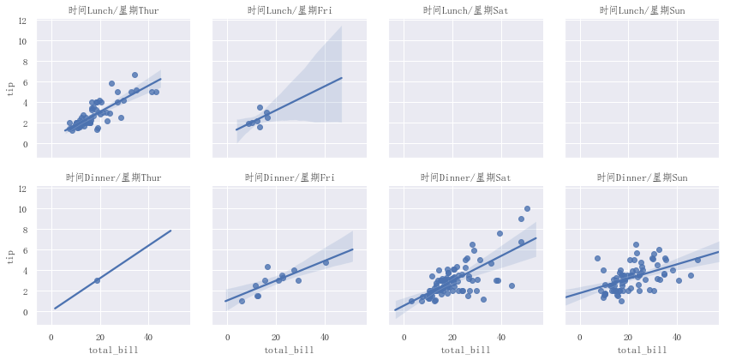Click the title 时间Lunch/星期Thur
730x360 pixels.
(x=113, y=10)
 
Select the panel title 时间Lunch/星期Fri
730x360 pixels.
(x=290, y=10)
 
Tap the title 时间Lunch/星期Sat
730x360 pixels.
(x=466, y=10)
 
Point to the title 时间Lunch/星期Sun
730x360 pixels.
(x=643, y=10)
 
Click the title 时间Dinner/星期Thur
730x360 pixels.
(x=113, y=178)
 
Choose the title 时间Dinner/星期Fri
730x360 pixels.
(x=290, y=178)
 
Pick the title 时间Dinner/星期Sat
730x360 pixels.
(x=466, y=178)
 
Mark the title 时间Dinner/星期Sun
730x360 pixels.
(x=643, y=178)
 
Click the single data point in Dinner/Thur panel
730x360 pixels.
(x=97, y=280)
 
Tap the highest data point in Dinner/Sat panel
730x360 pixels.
(x=527, y=208)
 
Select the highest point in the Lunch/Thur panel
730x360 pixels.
(x=135, y=75)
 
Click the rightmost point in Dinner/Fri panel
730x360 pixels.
(x=326, y=262)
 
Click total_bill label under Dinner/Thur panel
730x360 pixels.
(x=113, y=350)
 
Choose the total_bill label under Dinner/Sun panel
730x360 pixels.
(x=643, y=350)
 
